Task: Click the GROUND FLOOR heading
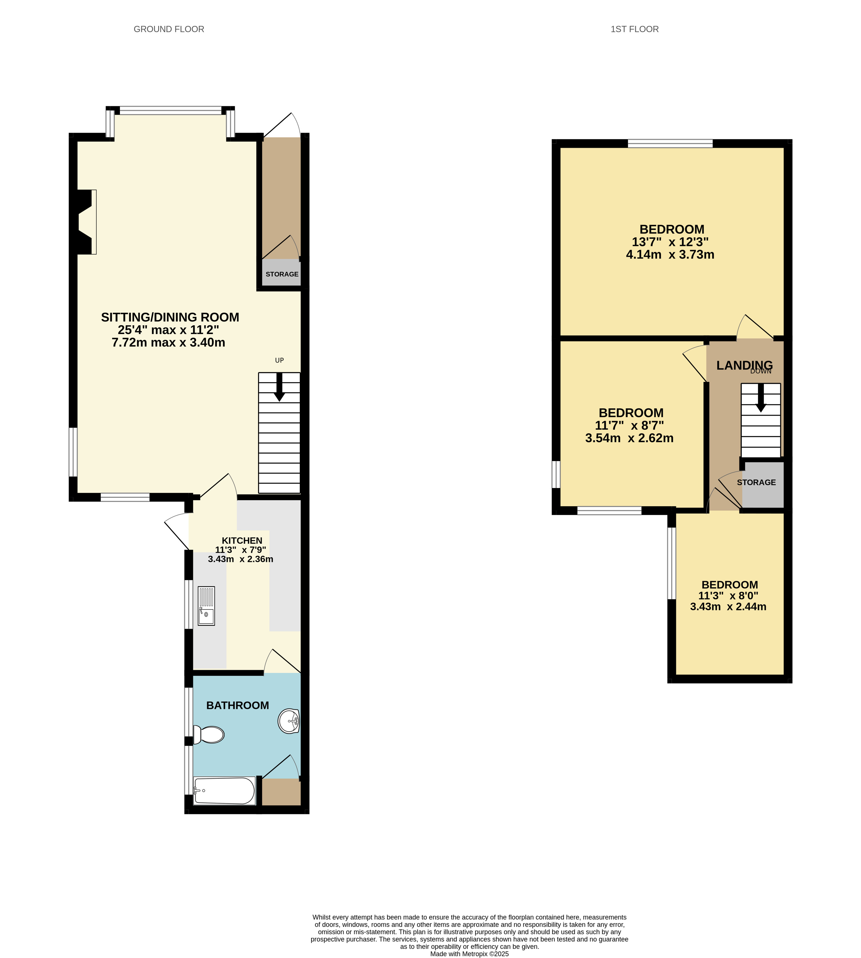coord(169,29)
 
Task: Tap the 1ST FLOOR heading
coord(634,29)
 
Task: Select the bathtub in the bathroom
coord(224,791)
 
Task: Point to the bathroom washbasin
coord(289,721)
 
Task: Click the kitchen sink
coord(206,606)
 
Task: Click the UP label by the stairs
coord(279,361)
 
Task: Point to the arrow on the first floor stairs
coord(761,397)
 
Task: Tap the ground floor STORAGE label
coord(282,274)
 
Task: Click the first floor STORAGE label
coord(756,483)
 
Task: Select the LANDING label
coord(744,365)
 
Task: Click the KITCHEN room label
coord(242,541)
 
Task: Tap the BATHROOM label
coord(238,705)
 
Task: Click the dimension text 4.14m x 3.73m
coord(670,254)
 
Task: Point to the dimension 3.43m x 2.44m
coord(728,606)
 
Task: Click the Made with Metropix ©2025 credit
coord(469,954)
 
